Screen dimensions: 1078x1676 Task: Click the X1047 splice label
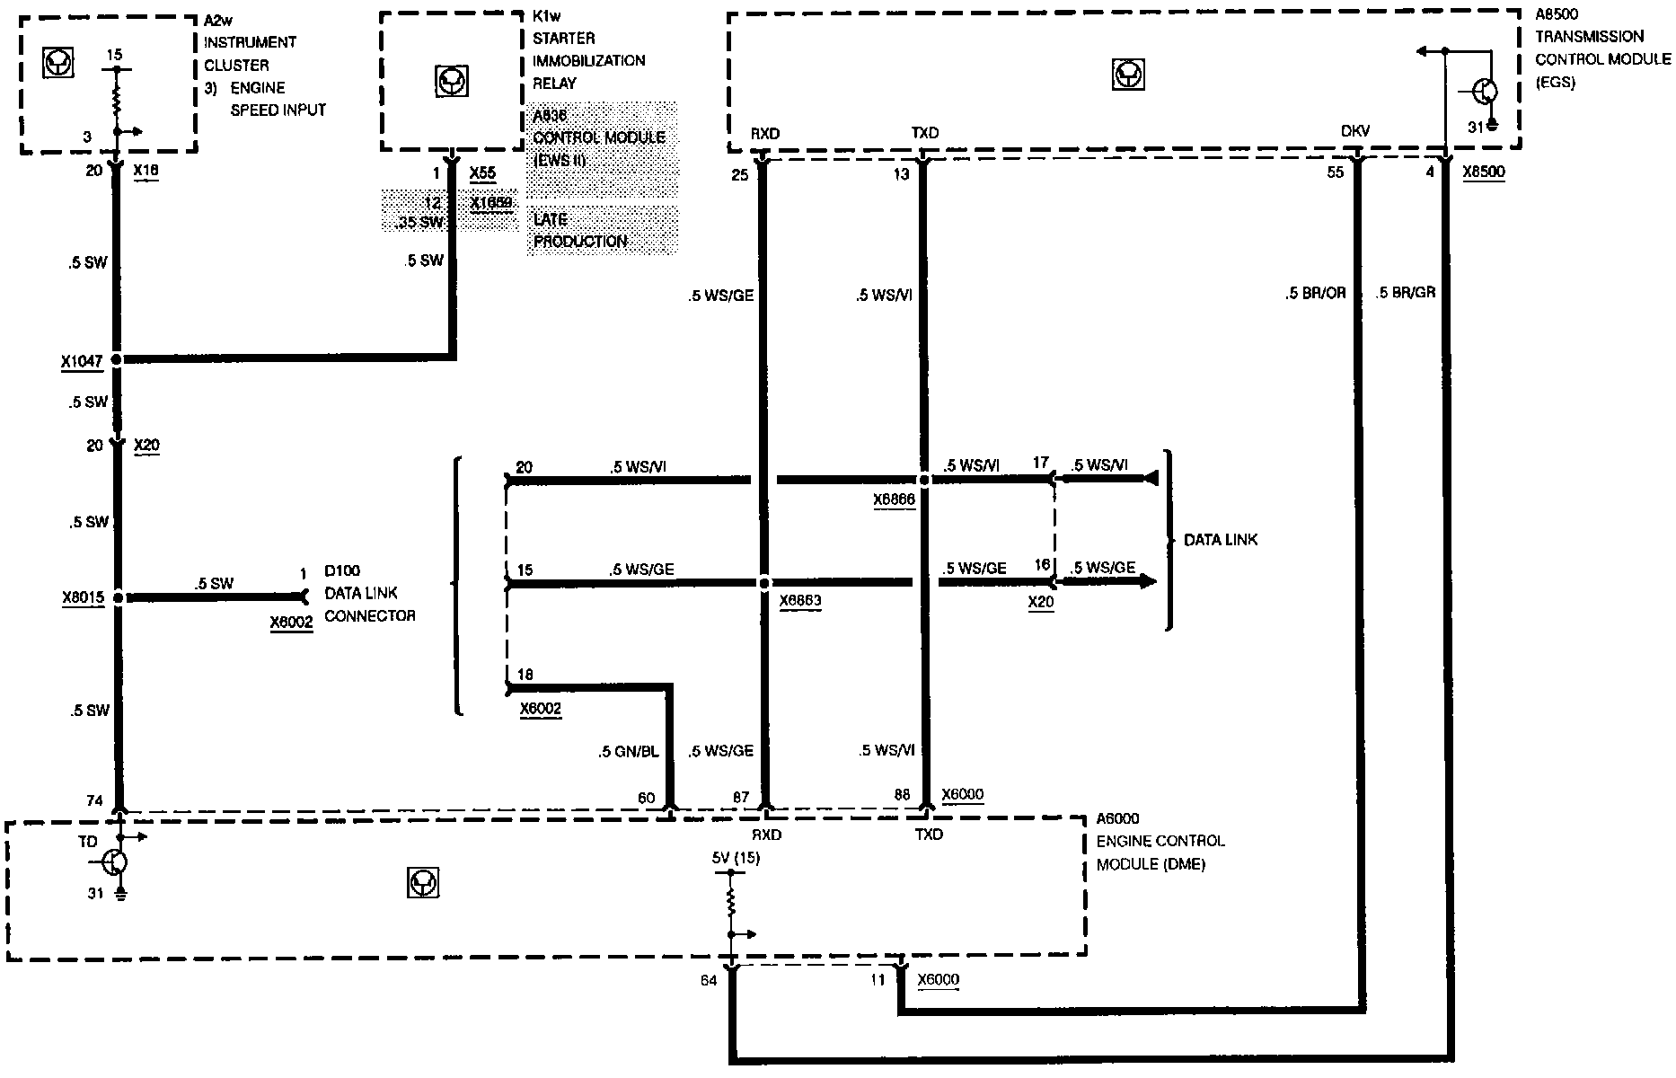coord(81,361)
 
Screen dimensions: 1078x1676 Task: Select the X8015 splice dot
coord(118,596)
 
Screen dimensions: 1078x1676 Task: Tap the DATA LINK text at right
coord(1221,540)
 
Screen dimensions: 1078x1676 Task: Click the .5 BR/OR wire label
coord(1316,293)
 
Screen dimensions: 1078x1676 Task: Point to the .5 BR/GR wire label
coord(1406,293)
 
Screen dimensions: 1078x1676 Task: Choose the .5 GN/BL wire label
coord(629,752)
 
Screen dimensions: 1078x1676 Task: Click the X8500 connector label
coord(1483,172)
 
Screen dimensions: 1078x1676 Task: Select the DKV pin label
coord(1354,132)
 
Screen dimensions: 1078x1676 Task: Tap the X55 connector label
coord(482,172)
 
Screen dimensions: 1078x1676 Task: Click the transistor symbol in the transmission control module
coord(1485,92)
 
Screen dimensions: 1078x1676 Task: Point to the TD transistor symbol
coord(114,862)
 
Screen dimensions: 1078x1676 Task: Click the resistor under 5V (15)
coord(731,901)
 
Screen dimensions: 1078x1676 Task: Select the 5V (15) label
coord(736,858)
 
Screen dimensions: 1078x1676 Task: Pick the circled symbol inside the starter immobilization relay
coord(451,82)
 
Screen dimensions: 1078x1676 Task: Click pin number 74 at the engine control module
coord(94,800)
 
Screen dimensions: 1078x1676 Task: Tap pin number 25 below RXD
coord(739,174)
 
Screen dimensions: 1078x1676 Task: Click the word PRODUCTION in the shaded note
coord(580,242)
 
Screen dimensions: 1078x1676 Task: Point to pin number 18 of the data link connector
coord(525,675)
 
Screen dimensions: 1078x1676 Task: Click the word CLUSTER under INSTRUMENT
coord(236,65)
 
